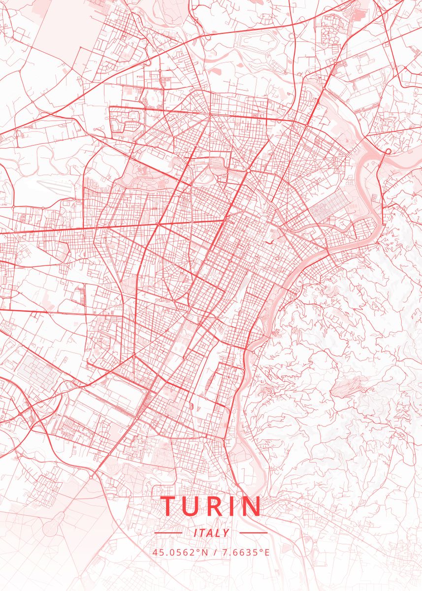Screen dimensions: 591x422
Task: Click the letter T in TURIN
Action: pyautogui.click(x=169, y=506)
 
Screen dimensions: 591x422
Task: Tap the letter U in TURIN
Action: pyautogui.click(x=193, y=506)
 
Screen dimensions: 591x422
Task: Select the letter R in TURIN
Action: pyautogui.click(x=217, y=506)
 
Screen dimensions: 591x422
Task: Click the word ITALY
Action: pyautogui.click(x=211, y=533)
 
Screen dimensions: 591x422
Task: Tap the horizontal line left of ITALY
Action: pyautogui.click(x=168, y=533)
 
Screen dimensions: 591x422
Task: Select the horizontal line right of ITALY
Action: pyautogui.click(x=253, y=533)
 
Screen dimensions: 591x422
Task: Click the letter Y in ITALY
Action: pyautogui.click(x=226, y=533)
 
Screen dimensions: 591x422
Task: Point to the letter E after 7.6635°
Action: pyautogui.click(x=267, y=552)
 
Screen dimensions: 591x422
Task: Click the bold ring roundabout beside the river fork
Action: pyautogui.click(x=388, y=151)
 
